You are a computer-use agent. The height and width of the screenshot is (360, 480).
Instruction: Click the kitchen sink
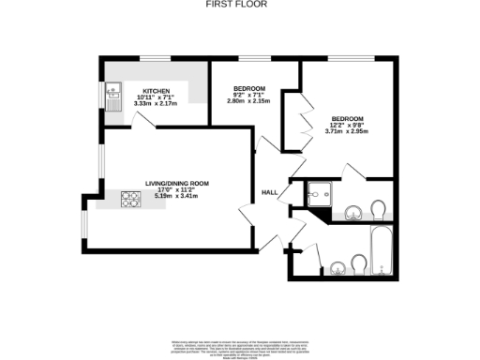click(112, 96)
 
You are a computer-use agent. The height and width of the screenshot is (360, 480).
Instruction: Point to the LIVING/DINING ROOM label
click(175, 184)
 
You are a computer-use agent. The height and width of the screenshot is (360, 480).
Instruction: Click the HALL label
click(269, 192)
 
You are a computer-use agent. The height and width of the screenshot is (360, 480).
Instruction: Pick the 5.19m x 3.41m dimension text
click(175, 199)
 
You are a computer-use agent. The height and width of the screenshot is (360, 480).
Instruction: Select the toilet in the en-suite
click(378, 207)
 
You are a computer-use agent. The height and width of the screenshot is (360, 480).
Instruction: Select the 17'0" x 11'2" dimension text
click(175, 191)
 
